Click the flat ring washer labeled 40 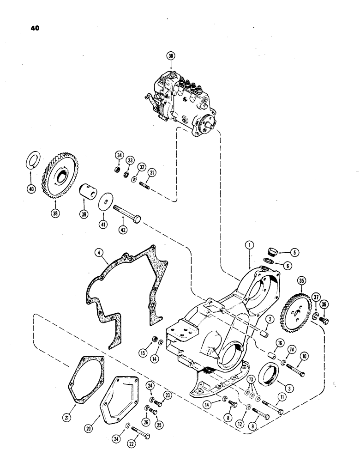click(31, 164)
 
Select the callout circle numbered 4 click(98, 253)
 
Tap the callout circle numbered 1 click(249, 247)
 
